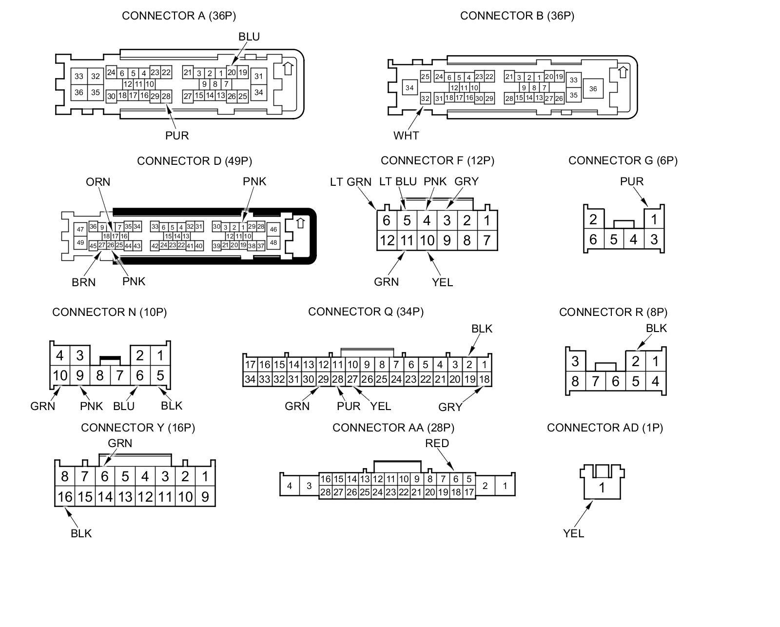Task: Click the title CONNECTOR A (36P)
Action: pos(178,16)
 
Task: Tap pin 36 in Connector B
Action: pos(593,89)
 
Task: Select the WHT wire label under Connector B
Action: pos(406,136)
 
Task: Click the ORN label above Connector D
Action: pos(98,182)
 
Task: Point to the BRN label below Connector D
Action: pos(84,282)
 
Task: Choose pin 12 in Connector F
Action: pos(387,240)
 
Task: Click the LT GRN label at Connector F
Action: pos(351,182)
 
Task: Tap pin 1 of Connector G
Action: pos(654,219)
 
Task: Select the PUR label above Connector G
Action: pos(632,181)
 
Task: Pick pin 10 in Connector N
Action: pos(60,375)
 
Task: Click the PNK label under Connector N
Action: pos(92,406)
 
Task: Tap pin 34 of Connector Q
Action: pos(250,379)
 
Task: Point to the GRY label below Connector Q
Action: pos(450,407)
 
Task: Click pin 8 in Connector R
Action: pos(575,381)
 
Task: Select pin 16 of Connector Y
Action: pos(65,497)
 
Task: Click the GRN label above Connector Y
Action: pos(120,443)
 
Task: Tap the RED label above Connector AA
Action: pos(437,443)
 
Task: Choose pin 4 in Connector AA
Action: pos(290,486)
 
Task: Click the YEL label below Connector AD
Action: pos(573,533)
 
